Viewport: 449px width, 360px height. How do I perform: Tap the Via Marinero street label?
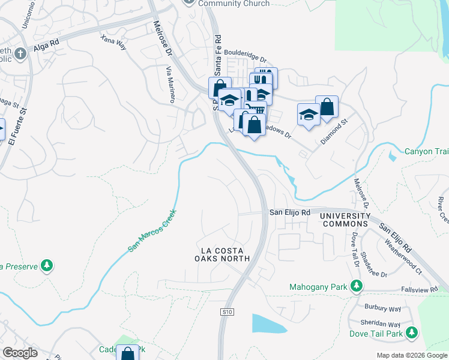click(x=170, y=85)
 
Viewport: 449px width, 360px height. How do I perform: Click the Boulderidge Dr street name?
click(x=246, y=56)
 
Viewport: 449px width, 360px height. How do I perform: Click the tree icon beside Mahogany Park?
click(x=357, y=287)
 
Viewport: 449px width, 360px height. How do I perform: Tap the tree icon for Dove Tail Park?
click(x=411, y=332)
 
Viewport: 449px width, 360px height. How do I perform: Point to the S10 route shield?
click(x=226, y=312)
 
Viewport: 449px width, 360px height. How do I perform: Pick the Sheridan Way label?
click(x=377, y=322)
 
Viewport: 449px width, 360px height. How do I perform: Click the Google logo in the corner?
click(x=20, y=353)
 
